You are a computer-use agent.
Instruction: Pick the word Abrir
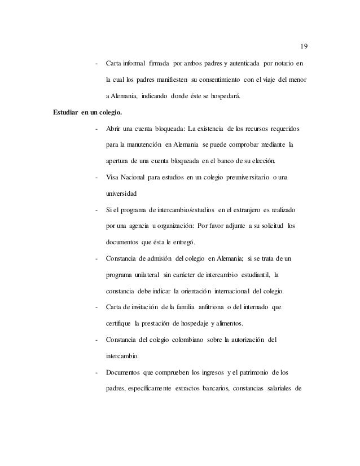point(115,130)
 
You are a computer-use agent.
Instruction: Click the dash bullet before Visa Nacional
point(97,178)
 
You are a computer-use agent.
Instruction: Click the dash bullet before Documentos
point(97,372)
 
